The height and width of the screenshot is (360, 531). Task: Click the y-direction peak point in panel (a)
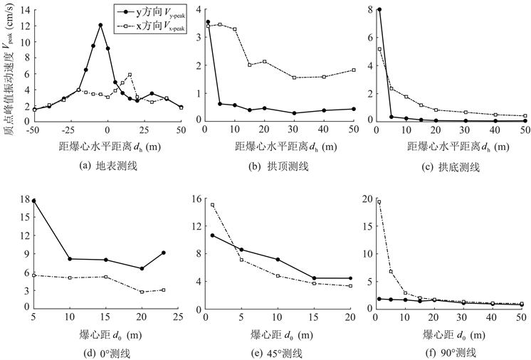click(100, 25)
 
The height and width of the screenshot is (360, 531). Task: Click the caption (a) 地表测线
click(107, 167)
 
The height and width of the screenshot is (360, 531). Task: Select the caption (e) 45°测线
click(280, 353)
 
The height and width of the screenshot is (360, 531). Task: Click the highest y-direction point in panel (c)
click(379, 10)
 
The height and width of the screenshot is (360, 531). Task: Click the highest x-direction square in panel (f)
click(379, 202)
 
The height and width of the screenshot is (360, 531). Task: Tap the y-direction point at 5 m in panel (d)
click(34, 201)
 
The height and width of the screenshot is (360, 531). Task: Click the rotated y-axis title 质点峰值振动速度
click(8, 71)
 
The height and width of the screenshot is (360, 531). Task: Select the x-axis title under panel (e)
click(280, 334)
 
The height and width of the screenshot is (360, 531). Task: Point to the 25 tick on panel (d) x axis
click(179, 317)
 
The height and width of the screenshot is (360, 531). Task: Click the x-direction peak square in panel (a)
click(130, 75)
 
